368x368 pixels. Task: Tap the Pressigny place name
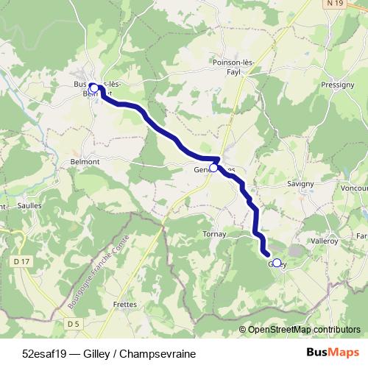pos(338,85)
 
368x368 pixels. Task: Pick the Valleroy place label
pos(325,241)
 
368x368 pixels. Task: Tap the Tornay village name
pos(215,235)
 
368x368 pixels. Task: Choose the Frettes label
pos(124,303)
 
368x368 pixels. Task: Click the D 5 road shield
pos(72,323)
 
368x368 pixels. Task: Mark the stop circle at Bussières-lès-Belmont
pos(93,88)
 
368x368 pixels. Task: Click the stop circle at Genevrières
pos(213,168)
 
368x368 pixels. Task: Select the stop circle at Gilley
pos(276,263)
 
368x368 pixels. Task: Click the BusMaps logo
pos(332,353)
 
